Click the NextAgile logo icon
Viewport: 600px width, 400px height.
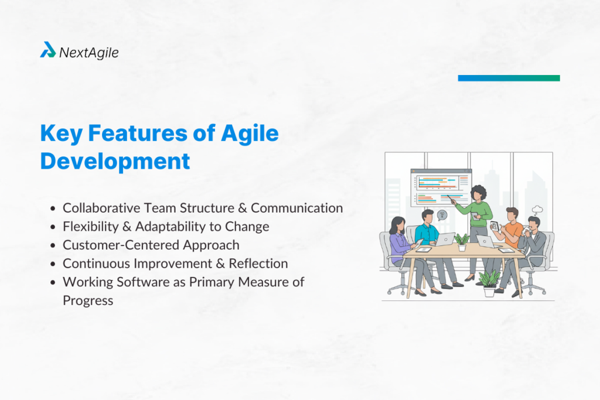[x=48, y=50]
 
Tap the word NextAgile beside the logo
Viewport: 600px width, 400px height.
[x=88, y=52]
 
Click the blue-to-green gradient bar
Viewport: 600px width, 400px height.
[x=509, y=78]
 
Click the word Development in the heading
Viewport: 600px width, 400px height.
[x=115, y=161]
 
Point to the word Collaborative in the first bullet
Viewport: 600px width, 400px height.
[x=97, y=208]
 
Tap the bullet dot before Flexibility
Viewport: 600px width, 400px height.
[x=54, y=227]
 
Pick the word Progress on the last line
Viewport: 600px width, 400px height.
[x=88, y=300]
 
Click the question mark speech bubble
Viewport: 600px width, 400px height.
[x=442, y=215]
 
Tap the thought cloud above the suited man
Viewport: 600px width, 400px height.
[x=537, y=210]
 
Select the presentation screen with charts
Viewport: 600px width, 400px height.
[x=441, y=187]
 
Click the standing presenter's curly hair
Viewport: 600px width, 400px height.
[x=479, y=192]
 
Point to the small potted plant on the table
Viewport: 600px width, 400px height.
[x=462, y=241]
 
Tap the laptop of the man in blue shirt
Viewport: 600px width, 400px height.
[x=446, y=239]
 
